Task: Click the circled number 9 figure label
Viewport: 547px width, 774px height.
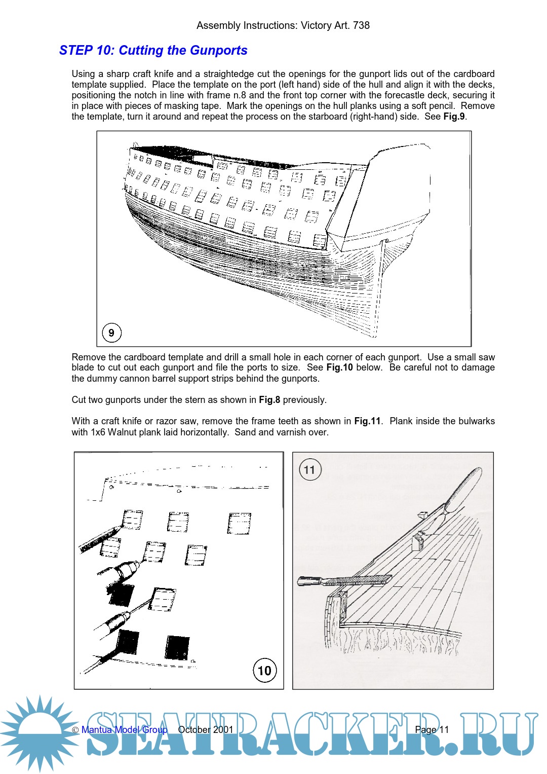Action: tap(111, 333)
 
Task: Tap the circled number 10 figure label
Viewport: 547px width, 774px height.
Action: tap(264, 671)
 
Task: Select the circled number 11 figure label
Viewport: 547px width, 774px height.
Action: tap(309, 470)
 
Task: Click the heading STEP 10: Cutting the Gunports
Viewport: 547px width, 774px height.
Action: tap(153, 51)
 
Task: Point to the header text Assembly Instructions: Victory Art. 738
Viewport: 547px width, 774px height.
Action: tap(283, 25)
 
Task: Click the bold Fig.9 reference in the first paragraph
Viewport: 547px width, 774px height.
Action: tap(454, 117)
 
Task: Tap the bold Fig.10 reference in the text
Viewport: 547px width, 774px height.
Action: tap(339, 367)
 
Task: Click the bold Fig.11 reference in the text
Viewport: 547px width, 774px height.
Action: tap(367, 421)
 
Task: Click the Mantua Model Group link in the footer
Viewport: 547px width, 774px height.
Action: tap(124, 730)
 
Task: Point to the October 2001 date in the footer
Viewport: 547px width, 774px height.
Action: tap(206, 730)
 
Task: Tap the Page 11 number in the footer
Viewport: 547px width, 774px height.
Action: tap(432, 730)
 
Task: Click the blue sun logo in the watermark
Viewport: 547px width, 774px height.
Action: tap(38, 732)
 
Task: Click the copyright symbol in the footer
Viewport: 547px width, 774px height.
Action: tap(75, 730)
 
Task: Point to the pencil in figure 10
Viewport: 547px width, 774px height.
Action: tap(99, 539)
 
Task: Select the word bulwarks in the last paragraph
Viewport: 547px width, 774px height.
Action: tap(476, 421)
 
